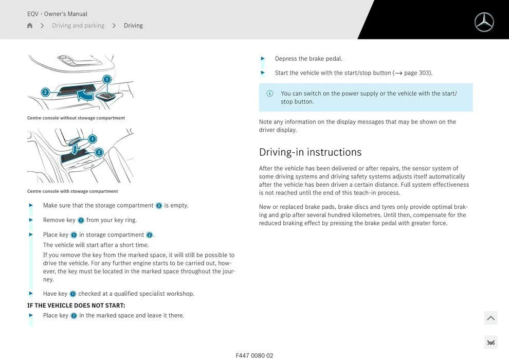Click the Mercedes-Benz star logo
point(484,22)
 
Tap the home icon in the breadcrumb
point(30,26)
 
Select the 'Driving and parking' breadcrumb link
point(78,26)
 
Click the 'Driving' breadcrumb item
point(133,26)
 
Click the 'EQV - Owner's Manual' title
point(57,14)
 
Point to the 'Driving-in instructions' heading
point(310,152)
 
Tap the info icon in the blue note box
point(270,94)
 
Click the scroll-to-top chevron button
point(490,318)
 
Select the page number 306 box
point(490,343)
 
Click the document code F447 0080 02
point(254,355)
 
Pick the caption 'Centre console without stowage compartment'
point(76,118)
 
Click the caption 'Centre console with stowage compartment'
point(72,191)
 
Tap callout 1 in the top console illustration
point(107,79)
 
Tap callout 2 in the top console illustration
point(45,93)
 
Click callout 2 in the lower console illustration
point(99,152)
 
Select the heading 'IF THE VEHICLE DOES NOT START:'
point(76,305)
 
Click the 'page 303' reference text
point(417,73)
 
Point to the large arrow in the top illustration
point(84,95)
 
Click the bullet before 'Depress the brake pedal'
point(263,59)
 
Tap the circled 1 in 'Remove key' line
point(81,221)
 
